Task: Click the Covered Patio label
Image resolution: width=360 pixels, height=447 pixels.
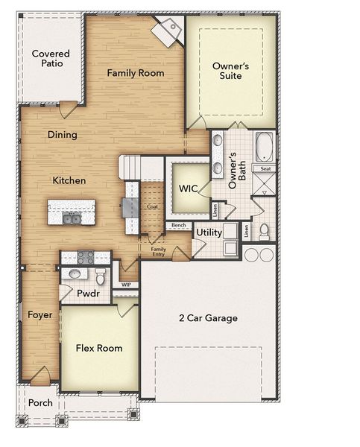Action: pos(51,59)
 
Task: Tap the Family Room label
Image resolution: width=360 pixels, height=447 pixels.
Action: pos(135,73)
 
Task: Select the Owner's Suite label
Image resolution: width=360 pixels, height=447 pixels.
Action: pos(231,71)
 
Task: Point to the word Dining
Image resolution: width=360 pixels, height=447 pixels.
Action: pos(63,135)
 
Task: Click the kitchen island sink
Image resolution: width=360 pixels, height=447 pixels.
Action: pos(72,218)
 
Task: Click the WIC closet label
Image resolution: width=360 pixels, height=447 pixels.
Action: pos(187,188)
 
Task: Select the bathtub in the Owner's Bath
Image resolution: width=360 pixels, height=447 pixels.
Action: pos(265,148)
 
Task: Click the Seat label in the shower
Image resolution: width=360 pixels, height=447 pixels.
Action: pos(266,169)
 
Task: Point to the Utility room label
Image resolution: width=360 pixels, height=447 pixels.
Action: pos(209,233)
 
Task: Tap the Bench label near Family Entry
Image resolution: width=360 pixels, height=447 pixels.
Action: pos(178,225)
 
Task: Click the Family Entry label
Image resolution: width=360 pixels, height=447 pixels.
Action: pos(158,252)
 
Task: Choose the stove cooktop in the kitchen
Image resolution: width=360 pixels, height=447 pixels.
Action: pos(84,258)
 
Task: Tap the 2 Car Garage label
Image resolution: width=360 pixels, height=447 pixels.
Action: pos(208,318)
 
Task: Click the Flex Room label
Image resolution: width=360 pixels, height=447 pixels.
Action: pos(99,348)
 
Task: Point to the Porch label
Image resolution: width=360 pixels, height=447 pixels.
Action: pos(40,403)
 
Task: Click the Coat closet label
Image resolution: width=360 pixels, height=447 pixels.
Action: pos(152,206)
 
